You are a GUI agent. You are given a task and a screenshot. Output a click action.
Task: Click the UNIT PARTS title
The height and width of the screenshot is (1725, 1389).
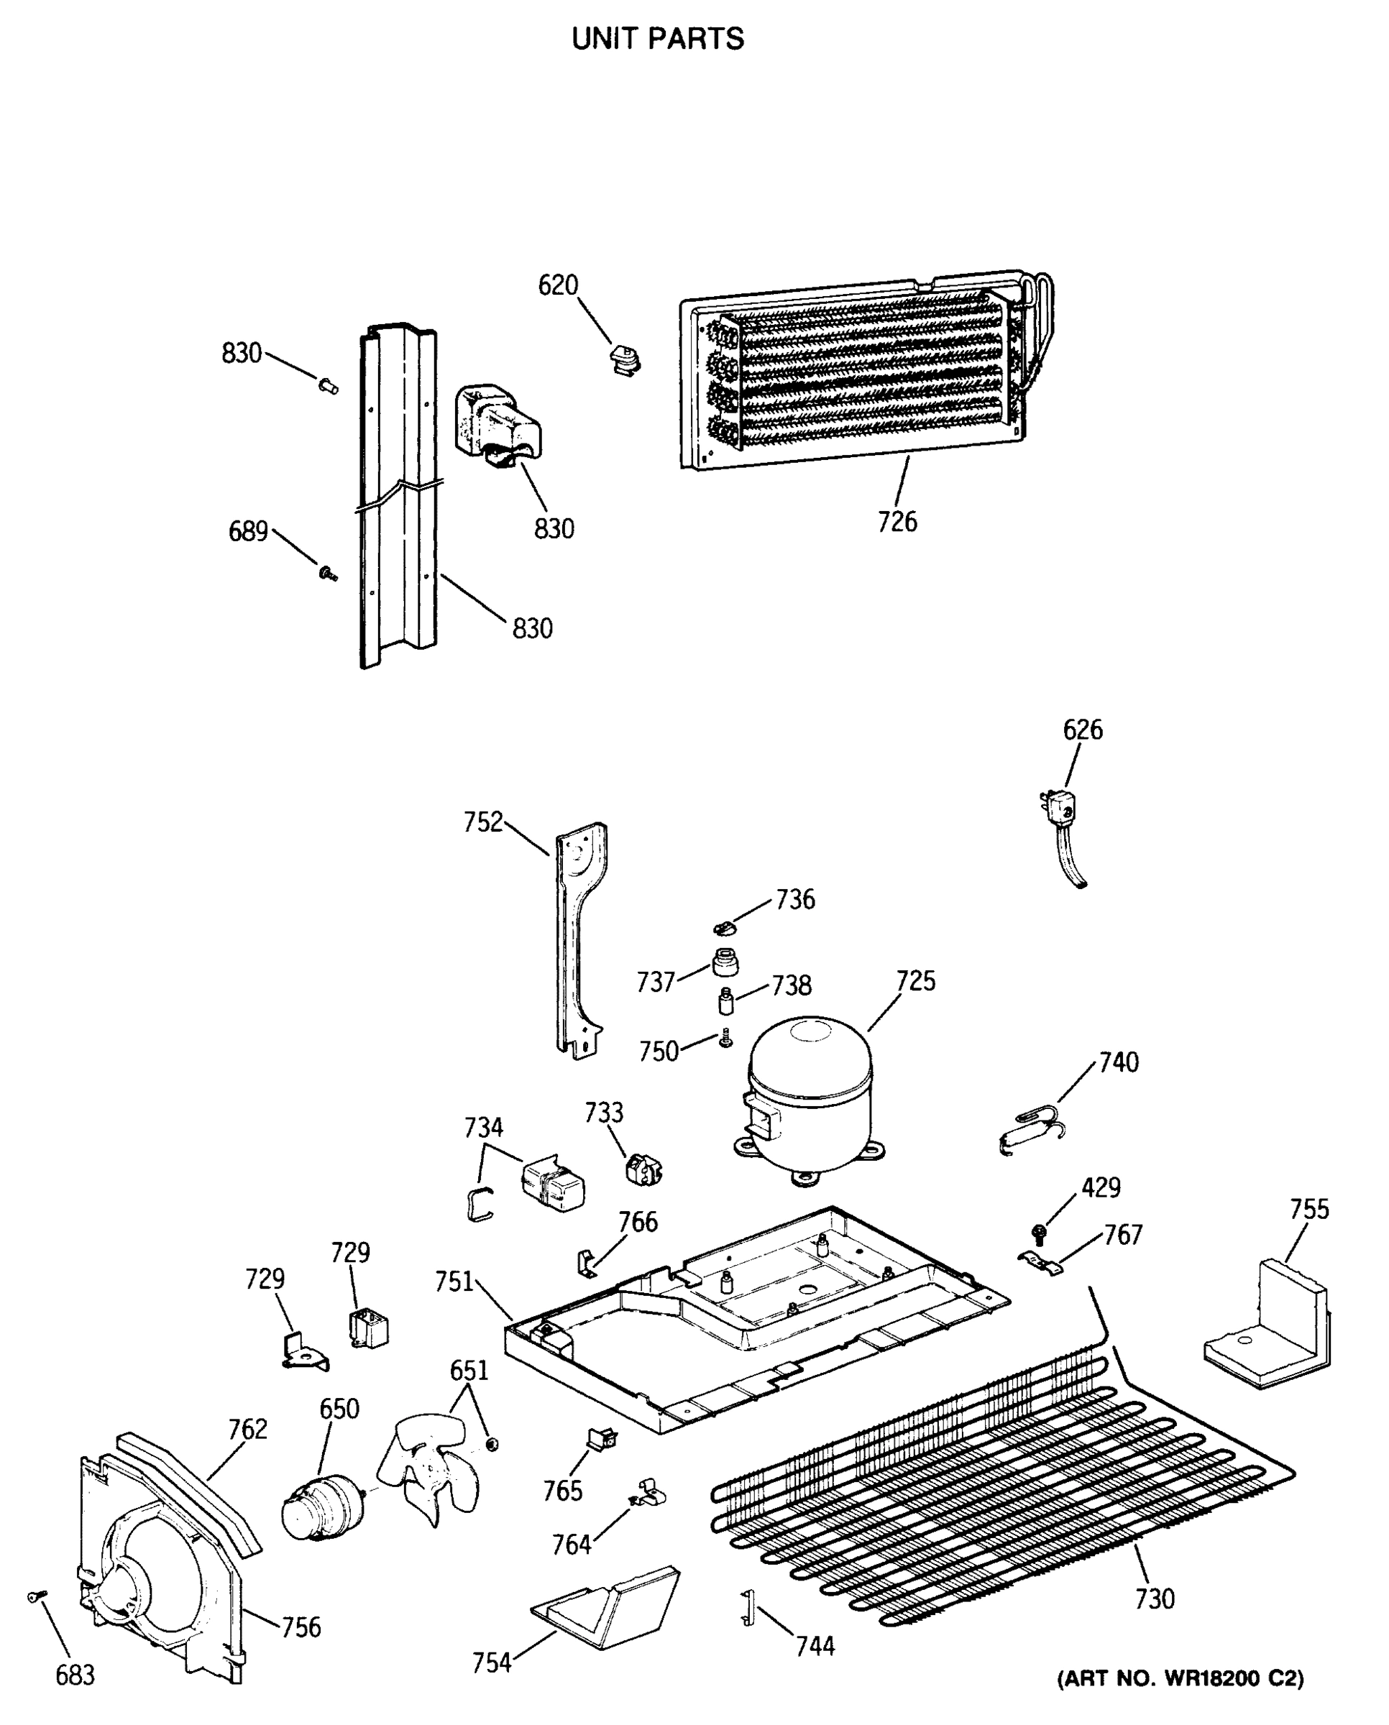pyautogui.click(x=658, y=38)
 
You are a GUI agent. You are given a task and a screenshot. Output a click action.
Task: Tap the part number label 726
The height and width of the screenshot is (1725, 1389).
pyautogui.click(x=897, y=522)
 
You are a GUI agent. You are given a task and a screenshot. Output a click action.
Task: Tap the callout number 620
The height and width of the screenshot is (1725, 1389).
pyautogui.click(x=558, y=285)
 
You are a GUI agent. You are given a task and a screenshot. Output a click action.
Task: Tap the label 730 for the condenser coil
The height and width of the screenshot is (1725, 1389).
pyautogui.click(x=1155, y=1598)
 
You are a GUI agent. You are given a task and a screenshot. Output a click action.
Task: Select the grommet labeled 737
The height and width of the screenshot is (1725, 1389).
pyautogui.click(x=725, y=962)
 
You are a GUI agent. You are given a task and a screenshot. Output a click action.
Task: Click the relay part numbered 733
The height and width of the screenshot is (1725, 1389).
pyautogui.click(x=643, y=1171)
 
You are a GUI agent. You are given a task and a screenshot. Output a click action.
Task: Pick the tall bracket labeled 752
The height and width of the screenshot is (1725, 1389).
pyautogui.click(x=579, y=940)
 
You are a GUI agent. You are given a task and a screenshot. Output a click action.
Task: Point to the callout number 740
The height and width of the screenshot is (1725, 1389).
pyautogui.click(x=1119, y=1062)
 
